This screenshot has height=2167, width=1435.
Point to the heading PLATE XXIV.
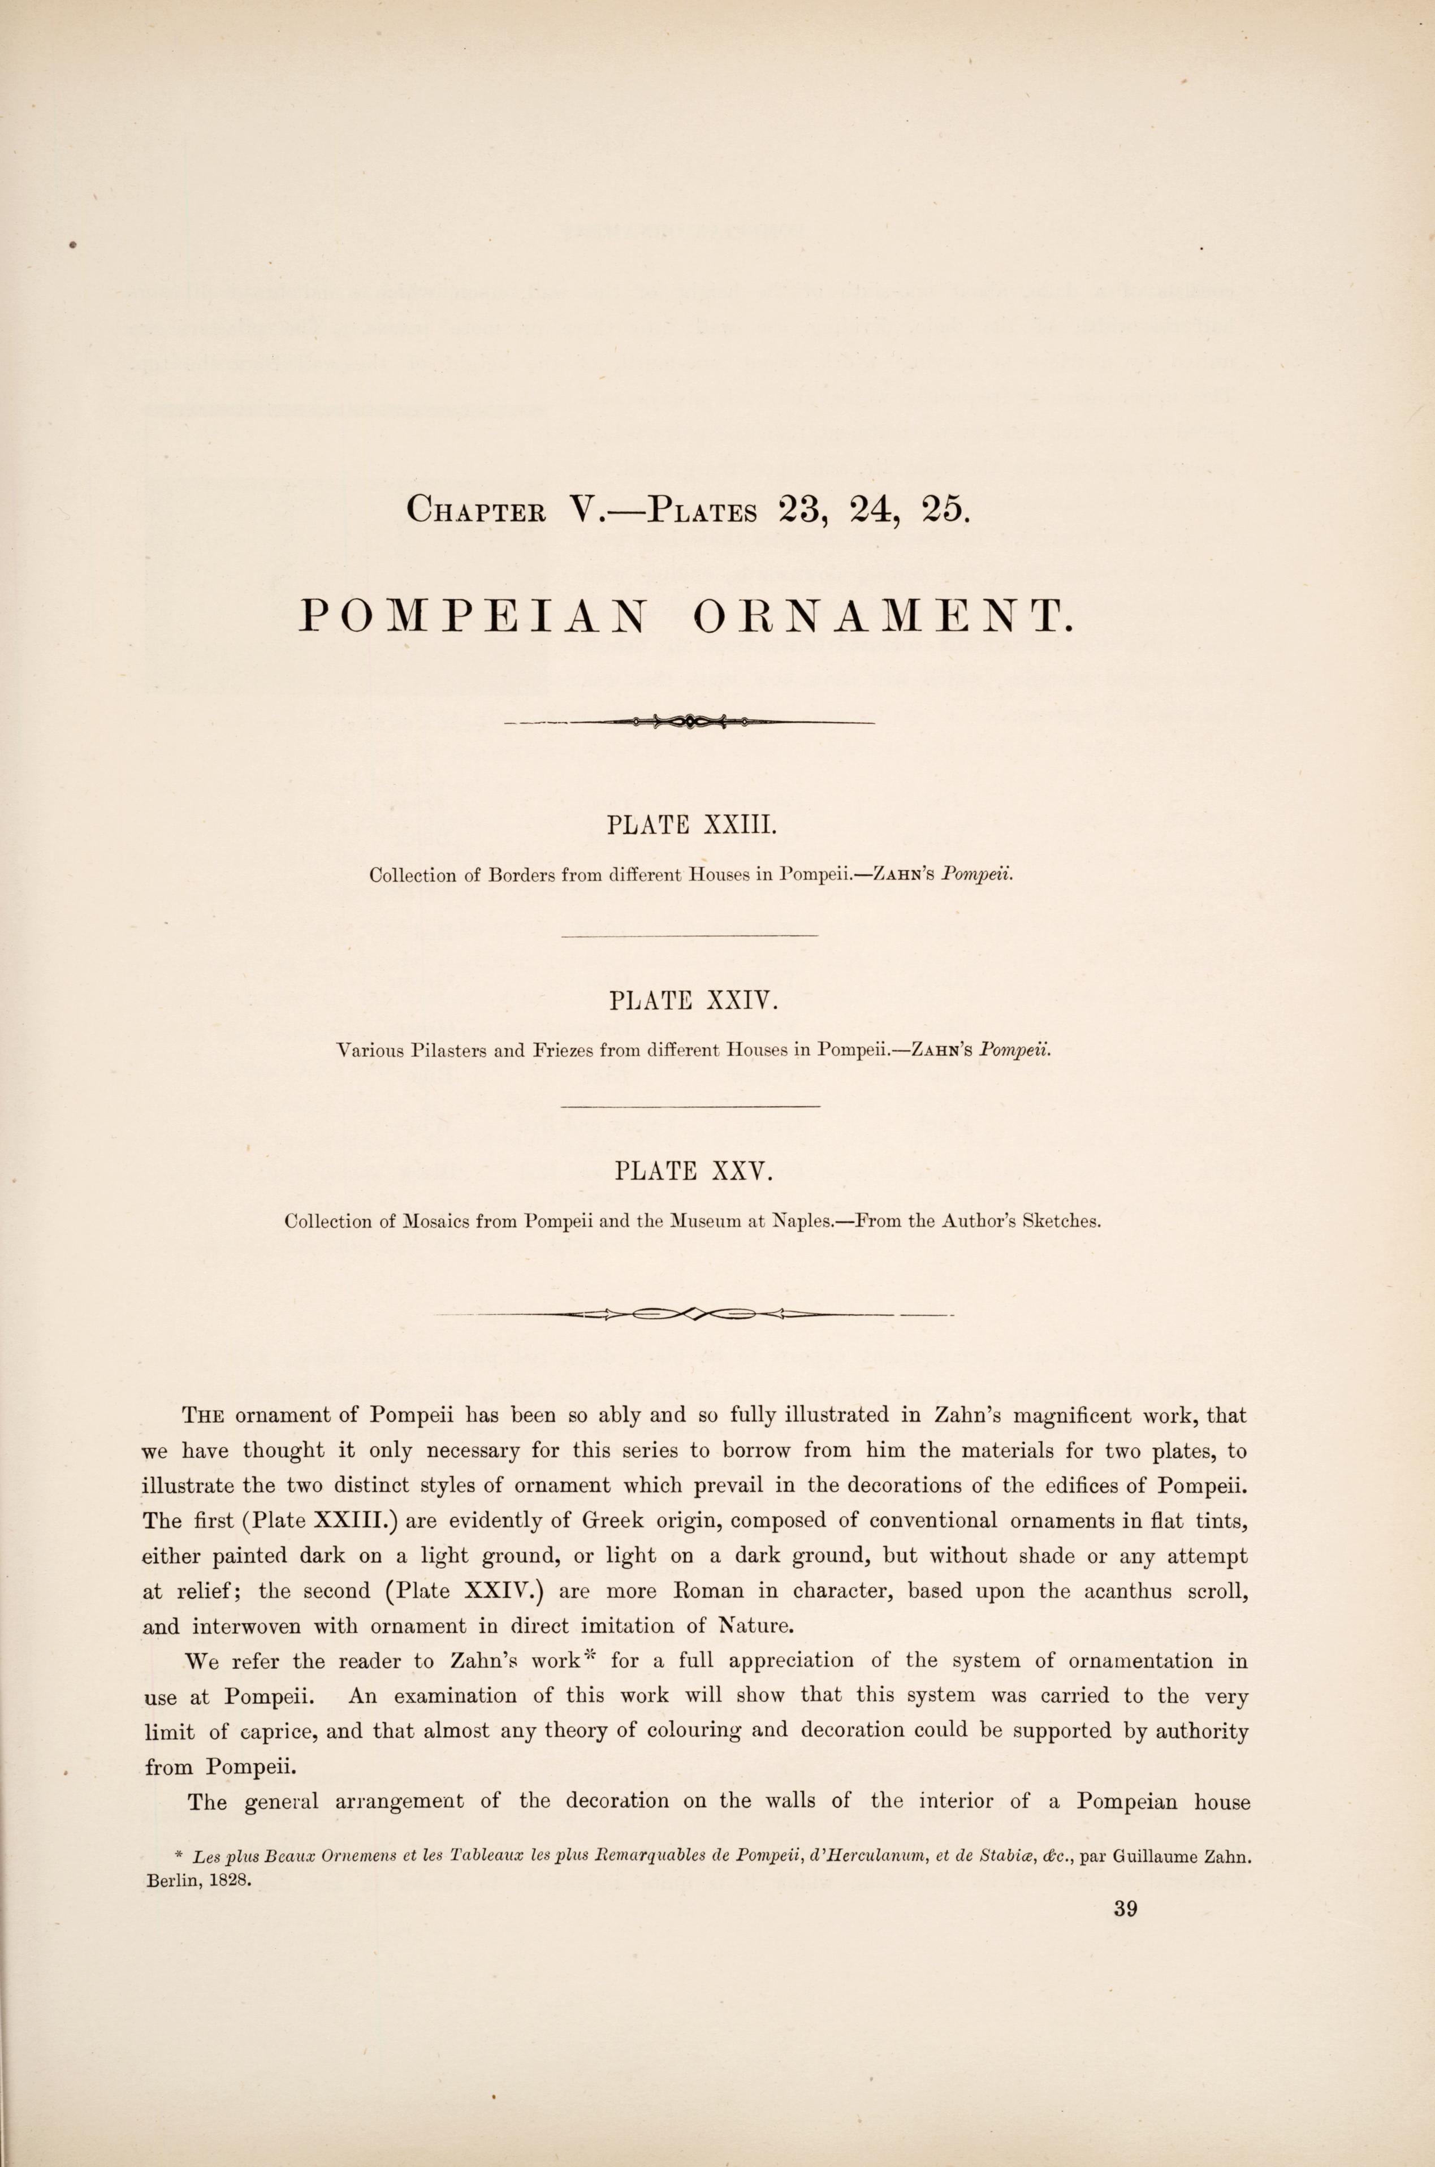693,1000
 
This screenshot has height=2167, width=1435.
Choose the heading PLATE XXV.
695,1171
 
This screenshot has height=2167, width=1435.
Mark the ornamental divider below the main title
690,722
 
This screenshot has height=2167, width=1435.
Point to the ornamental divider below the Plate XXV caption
693,1315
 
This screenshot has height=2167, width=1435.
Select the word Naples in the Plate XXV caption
803,1221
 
